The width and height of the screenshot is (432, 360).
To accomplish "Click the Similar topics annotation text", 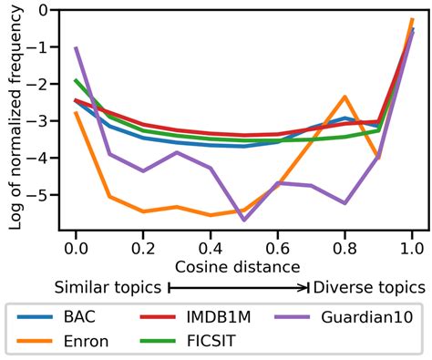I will (109, 287).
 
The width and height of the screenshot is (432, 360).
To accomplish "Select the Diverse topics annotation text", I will (368, 287).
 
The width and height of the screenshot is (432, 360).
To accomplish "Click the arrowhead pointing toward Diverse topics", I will (305, 287).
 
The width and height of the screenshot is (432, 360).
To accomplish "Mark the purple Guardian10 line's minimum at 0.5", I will (243, 220).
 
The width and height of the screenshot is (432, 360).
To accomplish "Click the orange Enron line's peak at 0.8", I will (345, 97).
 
